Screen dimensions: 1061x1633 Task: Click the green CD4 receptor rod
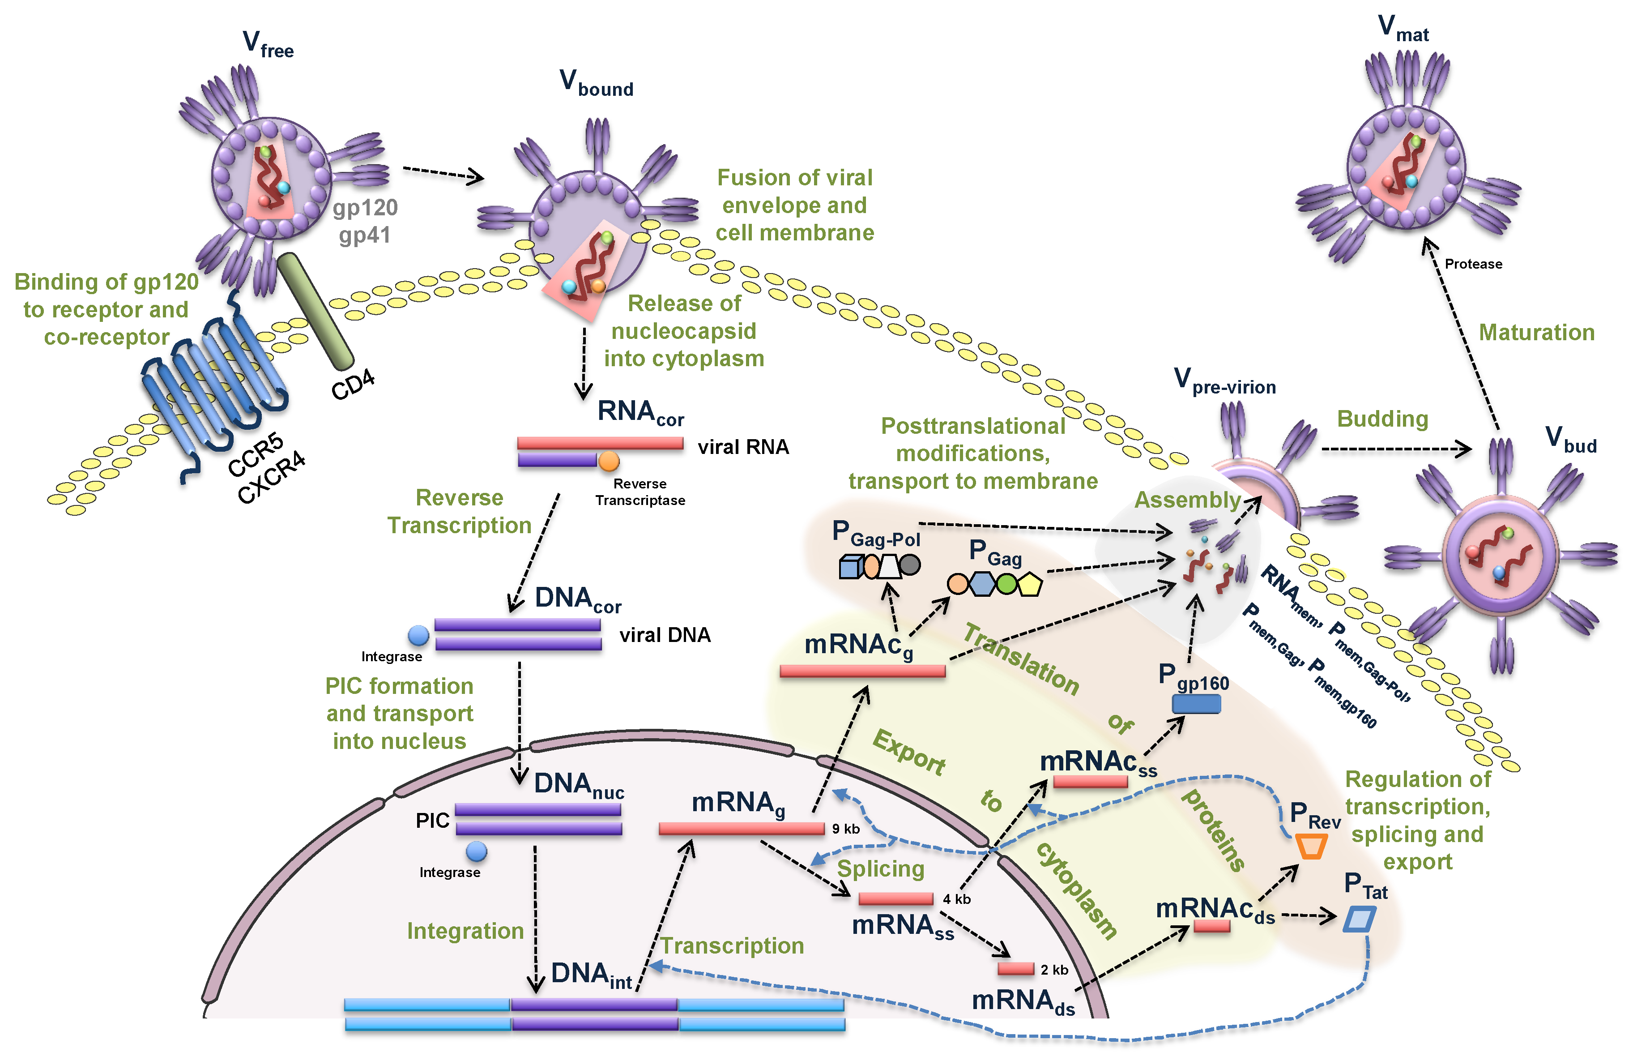pos(315,310)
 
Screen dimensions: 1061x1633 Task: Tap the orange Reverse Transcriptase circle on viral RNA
pos(609,461)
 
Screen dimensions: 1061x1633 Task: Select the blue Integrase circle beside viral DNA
pos(418,636)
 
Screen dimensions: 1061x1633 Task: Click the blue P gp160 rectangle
pos(1196,703)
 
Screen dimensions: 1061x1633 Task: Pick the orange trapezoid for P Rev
pos(1310,846)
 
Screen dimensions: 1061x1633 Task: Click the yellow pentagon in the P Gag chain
pos(1029,584)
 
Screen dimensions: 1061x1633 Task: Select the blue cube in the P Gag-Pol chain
pos(849,567)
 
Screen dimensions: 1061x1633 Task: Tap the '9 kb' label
pos(845,829)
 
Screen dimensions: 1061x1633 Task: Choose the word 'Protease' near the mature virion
pos(1473,264)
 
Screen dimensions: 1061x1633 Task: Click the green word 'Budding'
pos(1382,419)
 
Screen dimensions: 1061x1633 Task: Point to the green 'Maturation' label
pos(1535,332)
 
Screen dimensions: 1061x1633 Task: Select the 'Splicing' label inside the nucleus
pos(880,869)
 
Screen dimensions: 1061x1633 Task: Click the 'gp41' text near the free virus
pos(364,235)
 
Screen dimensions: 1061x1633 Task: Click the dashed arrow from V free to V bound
pos(443,174)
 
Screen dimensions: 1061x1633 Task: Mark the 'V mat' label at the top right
pos(1403,29)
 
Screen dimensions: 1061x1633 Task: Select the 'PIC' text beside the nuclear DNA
pos(432,821)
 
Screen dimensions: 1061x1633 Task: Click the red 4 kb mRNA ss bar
pos(895,898)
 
